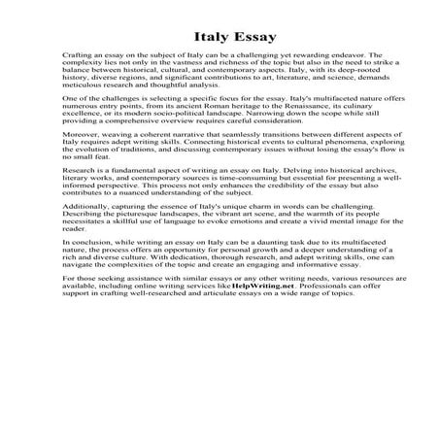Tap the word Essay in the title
241,37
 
